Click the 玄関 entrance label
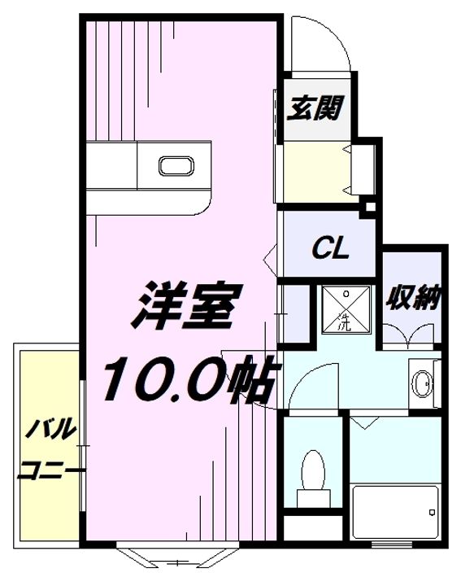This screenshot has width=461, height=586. (x=313, y=107)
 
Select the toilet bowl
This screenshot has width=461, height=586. (x=311, y=470)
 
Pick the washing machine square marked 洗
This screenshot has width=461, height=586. (x=343, y=309)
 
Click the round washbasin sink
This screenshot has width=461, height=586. (x=422, y=383)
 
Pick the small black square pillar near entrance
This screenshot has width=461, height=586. (x=369, y=207)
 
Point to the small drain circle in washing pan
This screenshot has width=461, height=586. (x=343, y=292)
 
